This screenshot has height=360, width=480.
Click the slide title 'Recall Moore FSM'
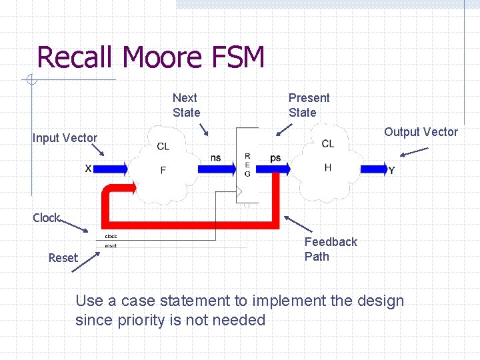tap(151, 57)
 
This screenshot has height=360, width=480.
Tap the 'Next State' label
tap(186, 105)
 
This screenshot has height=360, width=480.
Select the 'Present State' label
tap(309, 105)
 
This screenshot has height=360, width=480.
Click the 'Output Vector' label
tap(421, 132)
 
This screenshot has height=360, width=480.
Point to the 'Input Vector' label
tap(65, 138)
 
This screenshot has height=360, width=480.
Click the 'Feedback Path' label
tap(331, 249)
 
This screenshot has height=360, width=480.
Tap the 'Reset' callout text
tap(63, 258)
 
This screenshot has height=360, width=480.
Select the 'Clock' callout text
tap(46, 218)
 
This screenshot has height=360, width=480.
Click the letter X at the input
tap(88, 169)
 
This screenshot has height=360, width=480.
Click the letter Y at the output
tap(391, 171)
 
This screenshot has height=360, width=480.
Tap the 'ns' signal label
tap(216, 157)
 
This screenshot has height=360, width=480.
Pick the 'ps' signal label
tap(275, 157)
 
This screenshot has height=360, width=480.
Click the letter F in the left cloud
tap(163, 171)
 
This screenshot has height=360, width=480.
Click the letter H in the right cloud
tap(327, 168)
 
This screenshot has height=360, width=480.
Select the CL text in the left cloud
tap(163, 147)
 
